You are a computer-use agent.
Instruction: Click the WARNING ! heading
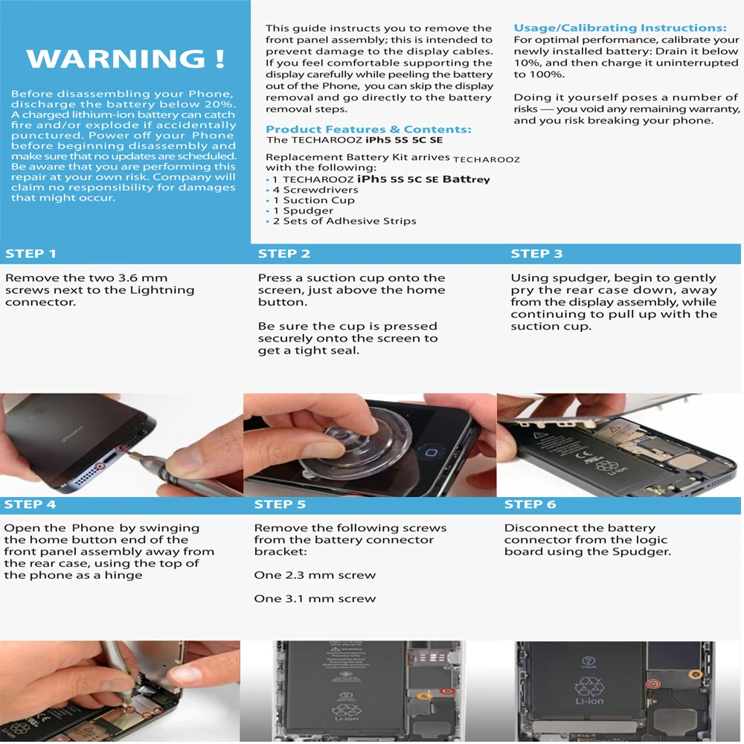pos(125,59)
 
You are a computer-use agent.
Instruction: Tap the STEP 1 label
pos(31,254)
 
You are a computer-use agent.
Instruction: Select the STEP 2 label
pos(283,254)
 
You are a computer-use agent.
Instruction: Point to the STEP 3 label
pos(536,254)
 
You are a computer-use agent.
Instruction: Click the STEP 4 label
pos(30,504)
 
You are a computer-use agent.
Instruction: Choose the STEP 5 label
pos(280,504)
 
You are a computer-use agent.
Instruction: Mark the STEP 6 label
pos(530,504)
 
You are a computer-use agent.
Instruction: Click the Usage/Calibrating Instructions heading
pos(620,28)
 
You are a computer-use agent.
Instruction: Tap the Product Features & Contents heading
pos(369,129)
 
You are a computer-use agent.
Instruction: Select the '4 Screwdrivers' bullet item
pos(315,190)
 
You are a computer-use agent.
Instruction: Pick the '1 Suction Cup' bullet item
pos(314,200)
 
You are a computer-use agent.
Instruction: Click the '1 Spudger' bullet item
pos(304,211)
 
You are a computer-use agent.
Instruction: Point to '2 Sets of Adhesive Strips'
pos(344,221)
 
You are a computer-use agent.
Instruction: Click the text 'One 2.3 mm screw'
pos(315,575)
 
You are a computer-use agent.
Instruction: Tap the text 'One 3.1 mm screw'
pos(315,599)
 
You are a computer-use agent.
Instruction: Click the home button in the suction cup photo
pos(431,452)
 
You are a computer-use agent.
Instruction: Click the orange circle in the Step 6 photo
pos(695,674)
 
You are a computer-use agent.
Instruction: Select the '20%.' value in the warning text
pos(220,104)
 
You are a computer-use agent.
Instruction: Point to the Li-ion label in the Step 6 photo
pos(589,702)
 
